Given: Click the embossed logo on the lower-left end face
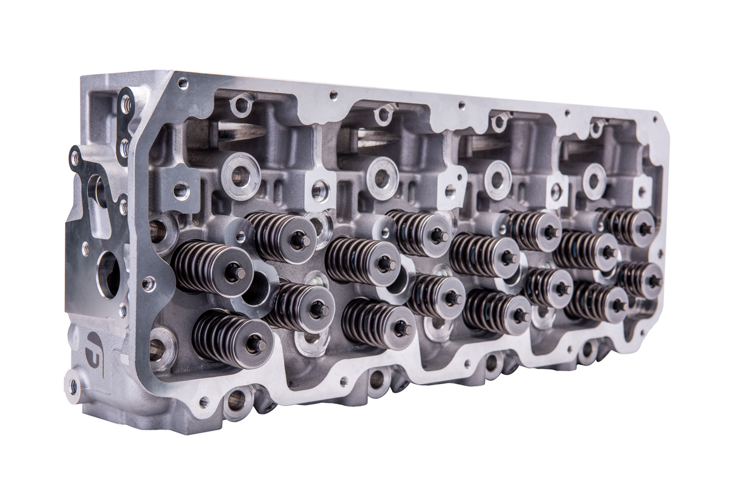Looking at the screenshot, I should (x=94, y=347).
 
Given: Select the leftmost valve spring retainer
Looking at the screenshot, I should (x=235, y=272).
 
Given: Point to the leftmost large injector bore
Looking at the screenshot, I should (x=241, y=176).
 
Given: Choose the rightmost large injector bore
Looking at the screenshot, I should (x=594, y=181).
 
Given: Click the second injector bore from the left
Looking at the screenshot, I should (x=382, y=178).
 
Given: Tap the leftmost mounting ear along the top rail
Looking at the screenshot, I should (x=241, y=104).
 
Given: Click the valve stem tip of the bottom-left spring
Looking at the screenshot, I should (x=256, y=344).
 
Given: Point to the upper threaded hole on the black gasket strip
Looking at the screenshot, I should (x=126, y=105).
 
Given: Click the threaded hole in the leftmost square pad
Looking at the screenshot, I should (x=181, y=191).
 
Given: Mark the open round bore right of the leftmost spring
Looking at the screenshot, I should (x=256, y=287).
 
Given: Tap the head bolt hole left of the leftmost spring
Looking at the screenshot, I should (x=158, y=230).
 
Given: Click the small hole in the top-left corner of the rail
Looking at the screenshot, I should (x=183, y=83).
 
